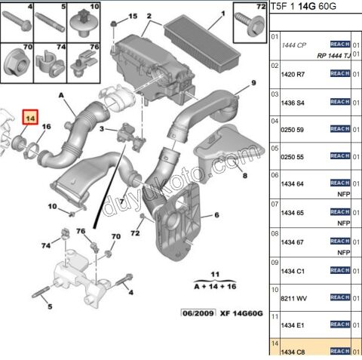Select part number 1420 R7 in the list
[x=293, y=75]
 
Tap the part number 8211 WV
[x=293, y=300]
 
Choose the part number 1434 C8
[x=293, y=351]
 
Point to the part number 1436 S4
[x=293, y=102]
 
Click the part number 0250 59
[x=293, y=129]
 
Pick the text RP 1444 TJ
[x=333, y=55]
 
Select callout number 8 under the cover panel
[x=244, y=175]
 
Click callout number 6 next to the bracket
[x=216, y=216]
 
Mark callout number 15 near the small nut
[x=133, y=16]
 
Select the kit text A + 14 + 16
[x=214, y=287]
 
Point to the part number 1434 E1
[x=293, y=325]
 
